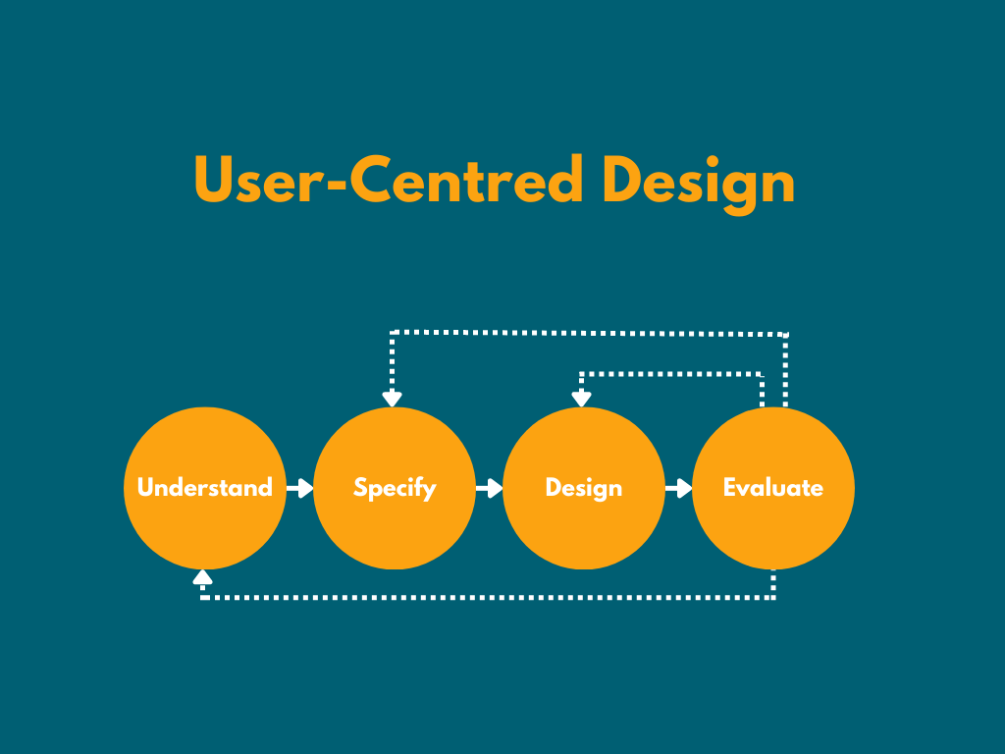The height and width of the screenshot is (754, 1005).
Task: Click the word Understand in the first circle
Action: tap(204, 488)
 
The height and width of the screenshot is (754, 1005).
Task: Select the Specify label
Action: tap(395, 488)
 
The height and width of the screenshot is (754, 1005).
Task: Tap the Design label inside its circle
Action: tap(584, 488)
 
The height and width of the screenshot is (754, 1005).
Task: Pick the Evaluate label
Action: tap(772, 488)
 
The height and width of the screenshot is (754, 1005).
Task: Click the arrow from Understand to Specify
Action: tap(299, 488)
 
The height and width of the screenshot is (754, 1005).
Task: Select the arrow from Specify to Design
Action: tap(489, 488)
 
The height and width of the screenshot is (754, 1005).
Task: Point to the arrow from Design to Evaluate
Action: tap(678, 488)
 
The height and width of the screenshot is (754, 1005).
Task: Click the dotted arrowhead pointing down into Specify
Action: tap(393, 398)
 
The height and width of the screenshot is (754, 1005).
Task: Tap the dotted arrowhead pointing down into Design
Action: tap(581, 398)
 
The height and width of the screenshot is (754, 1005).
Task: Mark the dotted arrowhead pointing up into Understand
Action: tap(203, 577)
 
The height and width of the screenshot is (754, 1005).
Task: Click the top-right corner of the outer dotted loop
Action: tap(786, 334)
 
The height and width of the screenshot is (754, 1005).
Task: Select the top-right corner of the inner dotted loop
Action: tap(762, 374)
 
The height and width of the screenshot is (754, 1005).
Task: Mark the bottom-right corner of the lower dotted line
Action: tap(773, 596)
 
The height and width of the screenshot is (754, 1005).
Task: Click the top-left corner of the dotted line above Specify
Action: tap(393, 334)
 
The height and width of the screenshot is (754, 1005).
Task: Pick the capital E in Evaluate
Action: tap(730, 488)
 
